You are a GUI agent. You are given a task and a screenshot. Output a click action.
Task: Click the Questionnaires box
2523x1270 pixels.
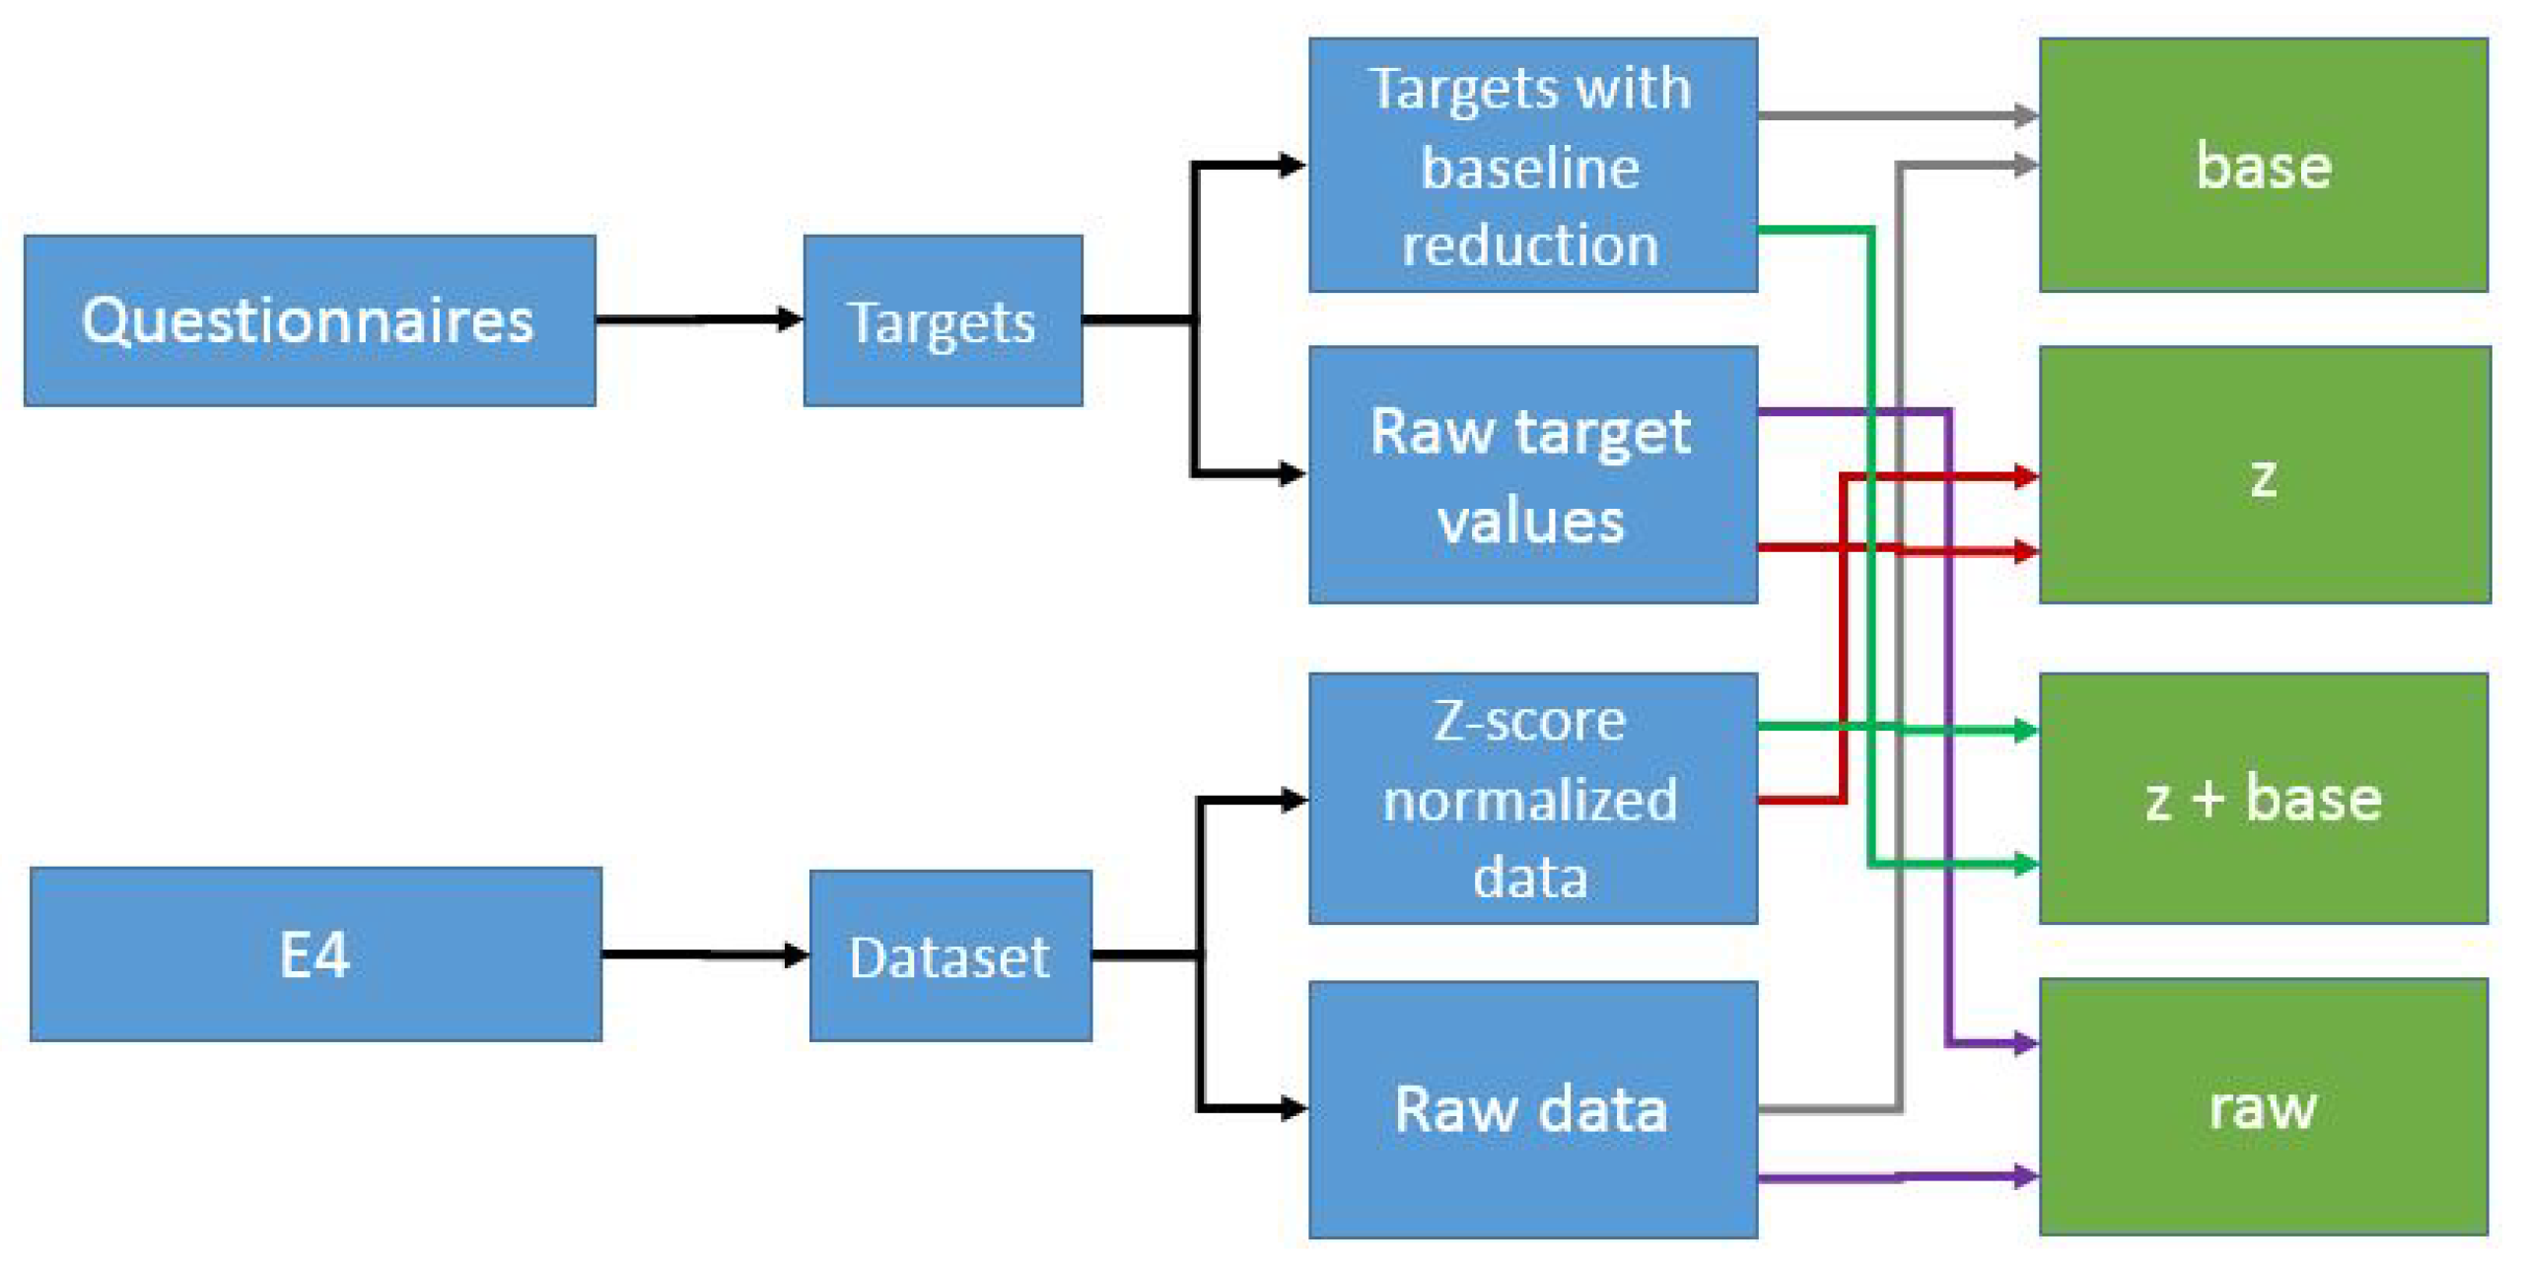309,320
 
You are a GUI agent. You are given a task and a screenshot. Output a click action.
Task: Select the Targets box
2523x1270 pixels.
942,320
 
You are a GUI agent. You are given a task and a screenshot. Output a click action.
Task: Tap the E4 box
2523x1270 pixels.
315,953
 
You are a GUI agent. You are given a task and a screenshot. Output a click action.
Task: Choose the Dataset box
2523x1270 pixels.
949,955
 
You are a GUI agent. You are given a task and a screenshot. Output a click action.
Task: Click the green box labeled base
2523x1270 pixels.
2262,165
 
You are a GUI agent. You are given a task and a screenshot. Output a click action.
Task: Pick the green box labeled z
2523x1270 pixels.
2263,475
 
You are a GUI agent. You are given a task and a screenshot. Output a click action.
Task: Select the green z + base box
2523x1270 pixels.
2262,798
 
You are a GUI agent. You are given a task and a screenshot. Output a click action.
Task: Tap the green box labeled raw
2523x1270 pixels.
2262,1106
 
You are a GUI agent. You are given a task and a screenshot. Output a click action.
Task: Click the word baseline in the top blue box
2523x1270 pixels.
1530,168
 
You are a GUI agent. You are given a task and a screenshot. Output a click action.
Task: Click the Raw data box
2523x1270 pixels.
1531,1109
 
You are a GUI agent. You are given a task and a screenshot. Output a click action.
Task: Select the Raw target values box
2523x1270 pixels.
1531,475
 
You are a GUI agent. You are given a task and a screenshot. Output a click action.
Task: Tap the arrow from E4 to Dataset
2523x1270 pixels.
704,953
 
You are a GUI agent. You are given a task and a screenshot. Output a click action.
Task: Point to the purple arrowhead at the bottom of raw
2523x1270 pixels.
2024,1175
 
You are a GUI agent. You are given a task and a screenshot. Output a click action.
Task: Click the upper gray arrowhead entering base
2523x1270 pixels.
2024,115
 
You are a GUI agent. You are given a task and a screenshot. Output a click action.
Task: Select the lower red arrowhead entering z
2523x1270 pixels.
2024,551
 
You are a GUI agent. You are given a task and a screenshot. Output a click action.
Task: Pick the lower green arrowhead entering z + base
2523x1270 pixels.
2024,865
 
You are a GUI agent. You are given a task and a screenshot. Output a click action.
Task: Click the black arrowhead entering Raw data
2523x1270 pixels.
1292,1108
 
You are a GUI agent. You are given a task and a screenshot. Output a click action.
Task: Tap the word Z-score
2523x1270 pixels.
1529,721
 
